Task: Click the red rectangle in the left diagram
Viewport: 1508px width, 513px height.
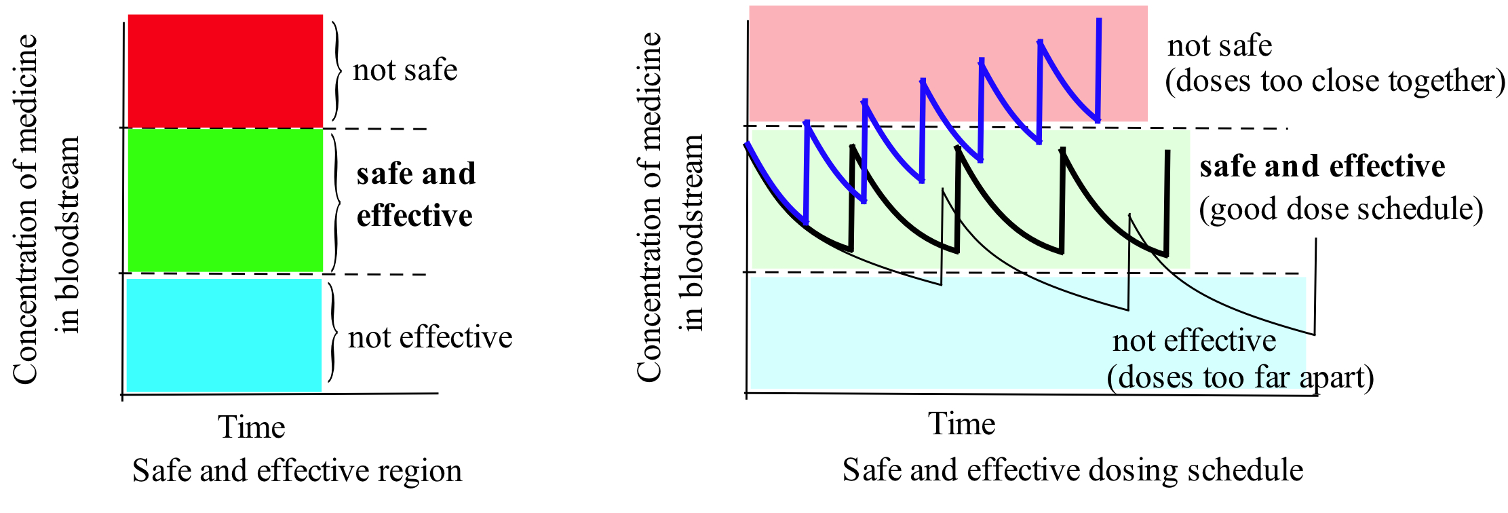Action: [225, 71]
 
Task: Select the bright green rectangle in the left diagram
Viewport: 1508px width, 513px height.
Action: [225, 200]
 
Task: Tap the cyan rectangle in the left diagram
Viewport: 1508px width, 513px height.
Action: [224, 335]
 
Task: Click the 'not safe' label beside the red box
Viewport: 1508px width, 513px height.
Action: [405, 70]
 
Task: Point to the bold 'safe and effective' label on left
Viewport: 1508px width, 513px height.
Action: [416, 194]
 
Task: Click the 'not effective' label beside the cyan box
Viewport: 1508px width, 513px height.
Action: [430, 337]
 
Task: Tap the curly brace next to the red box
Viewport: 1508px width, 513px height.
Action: [337, 71]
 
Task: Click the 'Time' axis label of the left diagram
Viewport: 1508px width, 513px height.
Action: [252, 427]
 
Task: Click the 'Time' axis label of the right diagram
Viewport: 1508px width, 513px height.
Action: [961, 424]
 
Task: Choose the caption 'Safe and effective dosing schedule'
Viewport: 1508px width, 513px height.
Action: [1072, 470]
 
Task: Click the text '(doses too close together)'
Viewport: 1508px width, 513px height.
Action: [1334, 81]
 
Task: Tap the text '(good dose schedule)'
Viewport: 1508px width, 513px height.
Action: [1340, 209]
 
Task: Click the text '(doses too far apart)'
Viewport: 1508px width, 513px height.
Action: [1240, 377]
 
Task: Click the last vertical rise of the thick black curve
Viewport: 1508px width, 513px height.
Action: [1167, 204]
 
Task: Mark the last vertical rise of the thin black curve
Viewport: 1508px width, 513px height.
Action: [1315, 285]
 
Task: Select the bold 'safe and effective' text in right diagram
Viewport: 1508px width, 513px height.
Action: [1322, 166]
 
